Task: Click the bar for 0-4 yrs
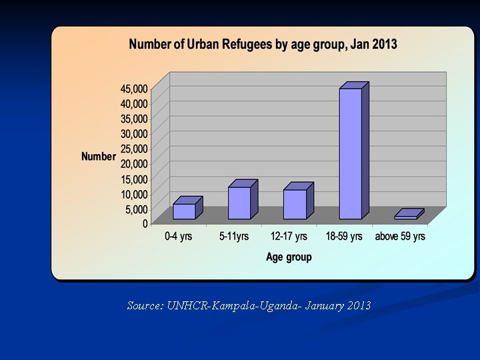[184, 211]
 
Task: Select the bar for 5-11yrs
[239, 203]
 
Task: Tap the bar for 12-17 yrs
[295, 204]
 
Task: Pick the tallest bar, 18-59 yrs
[350, 153]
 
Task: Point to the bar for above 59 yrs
[406, 217]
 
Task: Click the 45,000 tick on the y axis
[134, 88]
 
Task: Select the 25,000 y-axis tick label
[134, 149]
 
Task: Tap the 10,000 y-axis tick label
[134, 194]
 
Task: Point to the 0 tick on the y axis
[145, 224]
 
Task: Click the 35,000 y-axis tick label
[134, 119]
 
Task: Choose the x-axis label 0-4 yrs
[179, 237]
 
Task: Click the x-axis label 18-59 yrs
[344, 237]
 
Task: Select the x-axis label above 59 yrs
[400, 237]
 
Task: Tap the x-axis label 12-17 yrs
[289, 237]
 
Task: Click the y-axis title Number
[99, 157]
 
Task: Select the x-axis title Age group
[289, 257]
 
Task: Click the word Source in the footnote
[143, 306]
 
